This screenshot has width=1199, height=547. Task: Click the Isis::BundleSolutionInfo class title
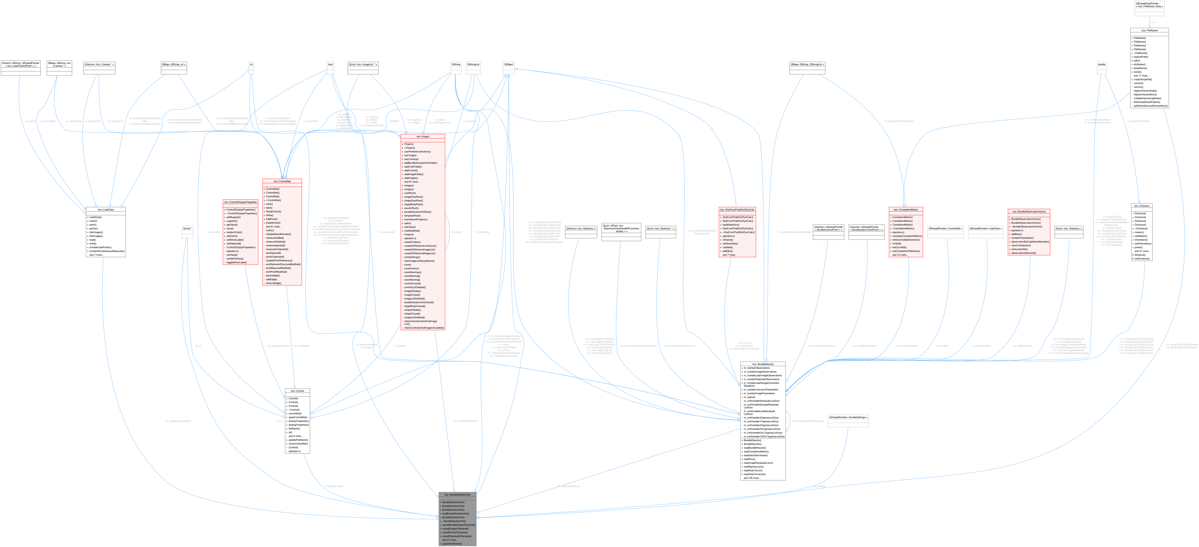point(457,494)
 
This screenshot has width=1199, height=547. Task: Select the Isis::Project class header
point(423,136)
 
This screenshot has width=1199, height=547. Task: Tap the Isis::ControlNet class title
point(282,181)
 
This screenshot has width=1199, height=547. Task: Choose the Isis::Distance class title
point(1142,206)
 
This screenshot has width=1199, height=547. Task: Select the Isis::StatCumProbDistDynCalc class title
point(737,210)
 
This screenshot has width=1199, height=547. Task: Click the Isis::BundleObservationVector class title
point(1029,211)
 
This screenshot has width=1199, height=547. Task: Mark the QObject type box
point(509,65)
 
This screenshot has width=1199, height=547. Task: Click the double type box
point(1102,64)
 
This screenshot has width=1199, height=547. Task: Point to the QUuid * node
point(187,229)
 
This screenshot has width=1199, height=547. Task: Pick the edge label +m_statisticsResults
point(568,486)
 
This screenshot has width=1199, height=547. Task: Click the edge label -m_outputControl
point(334,486)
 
